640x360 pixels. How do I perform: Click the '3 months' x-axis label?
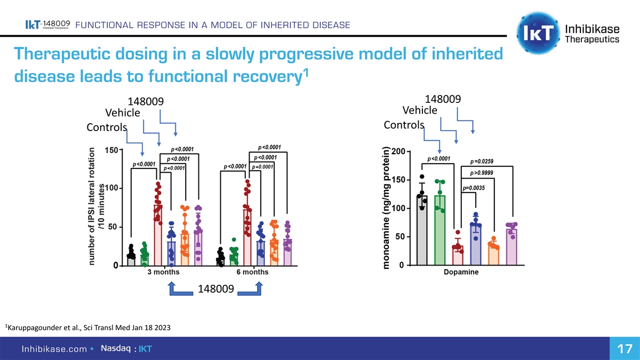point(163,272)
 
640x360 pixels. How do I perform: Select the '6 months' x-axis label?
point(252,272)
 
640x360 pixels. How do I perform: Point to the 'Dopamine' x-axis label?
point(461,272)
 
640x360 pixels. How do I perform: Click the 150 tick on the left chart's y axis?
point(111,150)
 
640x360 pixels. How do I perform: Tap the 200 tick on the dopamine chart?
point(398,152)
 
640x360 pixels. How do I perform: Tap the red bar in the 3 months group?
point(158,235)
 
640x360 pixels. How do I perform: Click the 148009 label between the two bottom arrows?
point(215,290)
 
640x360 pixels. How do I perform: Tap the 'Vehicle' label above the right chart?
point(420,110)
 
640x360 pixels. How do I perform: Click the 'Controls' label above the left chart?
point(107,128)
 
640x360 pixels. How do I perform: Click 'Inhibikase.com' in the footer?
point(53,349)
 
